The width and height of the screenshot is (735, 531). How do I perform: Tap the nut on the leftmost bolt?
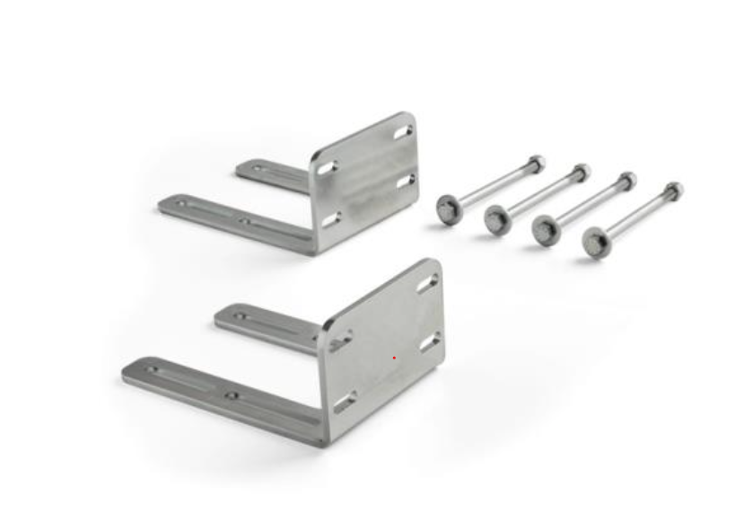click(x=537, y=164)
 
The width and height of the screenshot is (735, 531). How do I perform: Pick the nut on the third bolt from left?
click(x=628, y=180)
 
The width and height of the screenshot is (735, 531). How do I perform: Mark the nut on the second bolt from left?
click(x=582, y=171)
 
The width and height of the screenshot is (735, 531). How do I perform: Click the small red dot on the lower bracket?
click(x=394, y=358)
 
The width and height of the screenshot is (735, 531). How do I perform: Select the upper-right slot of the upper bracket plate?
click(x=403, y=132)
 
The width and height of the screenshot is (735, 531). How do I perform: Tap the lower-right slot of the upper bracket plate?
click(x=406, y=182)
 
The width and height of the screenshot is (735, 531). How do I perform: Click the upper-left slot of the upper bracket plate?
click(x=328, y=167)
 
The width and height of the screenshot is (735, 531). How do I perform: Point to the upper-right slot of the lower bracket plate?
click(x=429, y=283)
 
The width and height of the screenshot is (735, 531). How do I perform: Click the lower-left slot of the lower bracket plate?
click(x=346, y=402)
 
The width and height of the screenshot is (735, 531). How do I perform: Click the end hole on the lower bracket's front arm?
click(x=152, y=368)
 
